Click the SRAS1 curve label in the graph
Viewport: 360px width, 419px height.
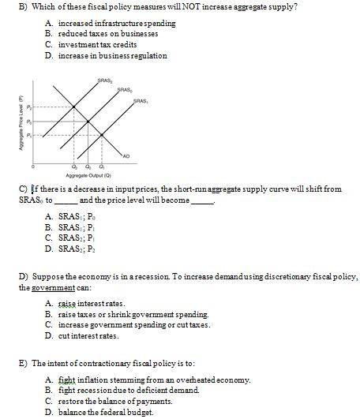(x=141, y=100)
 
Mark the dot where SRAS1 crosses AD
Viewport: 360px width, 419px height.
(x=101, y=135)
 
